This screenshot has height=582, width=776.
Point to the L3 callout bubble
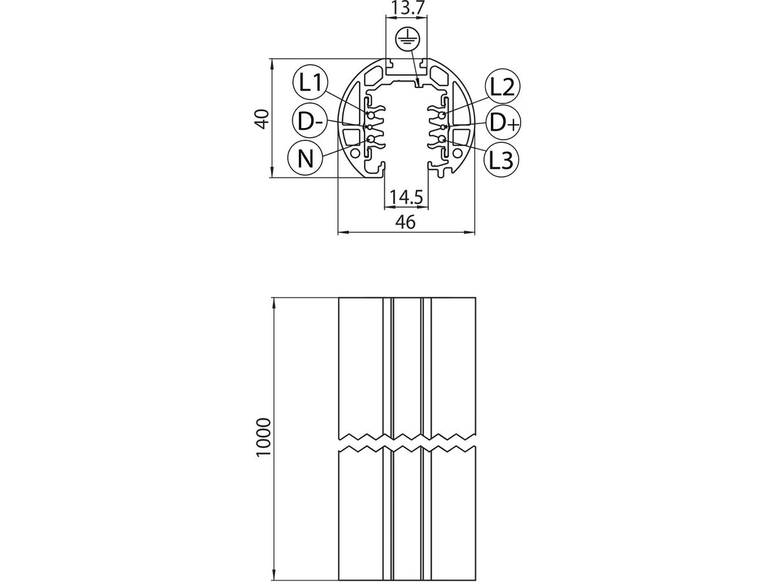click(x=501, y=158)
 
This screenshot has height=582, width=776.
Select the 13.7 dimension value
click(x=407, y=9)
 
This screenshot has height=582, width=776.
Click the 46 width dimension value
click(x=405, y=222)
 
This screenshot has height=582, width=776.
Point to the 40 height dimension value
click(x=261, y=118)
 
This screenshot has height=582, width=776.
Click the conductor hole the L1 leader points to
click(x=371, y=115)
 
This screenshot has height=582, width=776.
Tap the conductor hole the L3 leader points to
click(x=442, y=139)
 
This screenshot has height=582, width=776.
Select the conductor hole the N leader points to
click(x=371, y=139)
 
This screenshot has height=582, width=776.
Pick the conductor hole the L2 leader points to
click(x=442, y=115)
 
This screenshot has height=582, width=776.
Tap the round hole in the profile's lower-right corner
click(x=458, y=154)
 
